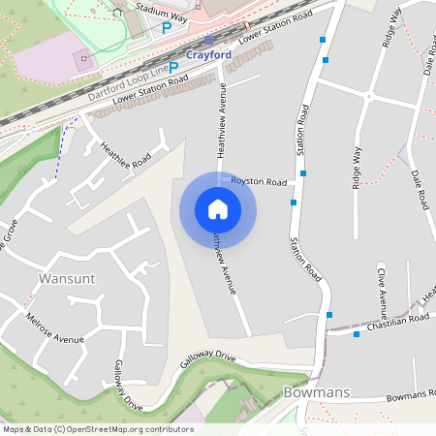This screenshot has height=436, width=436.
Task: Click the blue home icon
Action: (x=218, y=208)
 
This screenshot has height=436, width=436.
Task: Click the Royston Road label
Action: (x=260, y=182)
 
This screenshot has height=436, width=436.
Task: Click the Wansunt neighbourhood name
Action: (x=67, y=279)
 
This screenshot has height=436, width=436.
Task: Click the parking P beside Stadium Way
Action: (x=167, y=29)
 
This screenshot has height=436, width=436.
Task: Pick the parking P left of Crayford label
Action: (x=173, y=67)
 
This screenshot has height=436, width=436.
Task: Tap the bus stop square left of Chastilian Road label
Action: (x=357, y=334)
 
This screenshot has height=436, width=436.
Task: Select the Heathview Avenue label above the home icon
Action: (x=222, y=121)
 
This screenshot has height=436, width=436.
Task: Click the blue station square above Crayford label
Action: (x=208, y=42)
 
